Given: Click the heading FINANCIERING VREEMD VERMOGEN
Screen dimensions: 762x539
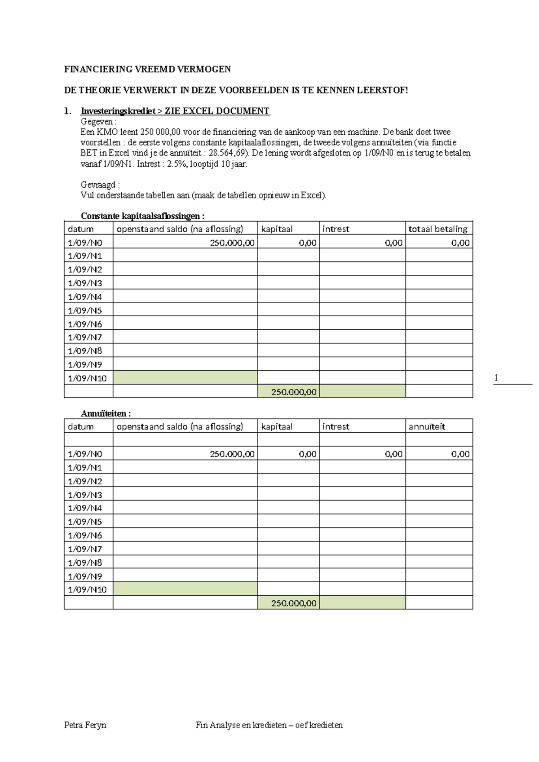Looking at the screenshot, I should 147,69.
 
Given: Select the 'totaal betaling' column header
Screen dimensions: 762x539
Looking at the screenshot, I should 438,229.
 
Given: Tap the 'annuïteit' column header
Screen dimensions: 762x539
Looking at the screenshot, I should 427,427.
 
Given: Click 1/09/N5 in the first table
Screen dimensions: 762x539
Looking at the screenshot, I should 85,310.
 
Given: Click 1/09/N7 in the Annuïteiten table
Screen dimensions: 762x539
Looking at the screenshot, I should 85,549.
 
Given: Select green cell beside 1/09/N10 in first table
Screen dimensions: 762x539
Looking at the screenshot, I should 185,378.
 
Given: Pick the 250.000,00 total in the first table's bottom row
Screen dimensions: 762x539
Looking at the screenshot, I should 294,392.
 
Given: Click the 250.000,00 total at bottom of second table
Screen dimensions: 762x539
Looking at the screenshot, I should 294,603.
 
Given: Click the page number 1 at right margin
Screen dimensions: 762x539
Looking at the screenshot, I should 496,378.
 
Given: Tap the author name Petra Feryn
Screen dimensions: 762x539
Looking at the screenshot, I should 85,725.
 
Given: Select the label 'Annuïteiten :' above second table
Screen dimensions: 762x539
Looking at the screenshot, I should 106,413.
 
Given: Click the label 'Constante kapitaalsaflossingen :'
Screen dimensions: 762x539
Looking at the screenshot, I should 142,216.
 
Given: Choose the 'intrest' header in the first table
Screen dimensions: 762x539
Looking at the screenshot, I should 336,229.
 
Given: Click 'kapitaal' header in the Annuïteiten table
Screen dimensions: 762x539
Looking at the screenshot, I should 277,427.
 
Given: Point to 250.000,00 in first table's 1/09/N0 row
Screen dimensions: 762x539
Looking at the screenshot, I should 232,243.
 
